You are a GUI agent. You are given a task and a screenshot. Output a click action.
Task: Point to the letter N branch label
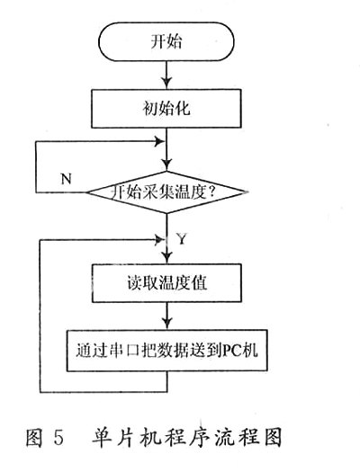click(67, 179)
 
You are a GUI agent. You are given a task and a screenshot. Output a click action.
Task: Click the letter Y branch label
click(182, 239)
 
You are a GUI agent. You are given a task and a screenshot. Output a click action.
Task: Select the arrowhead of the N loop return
click(159, 141)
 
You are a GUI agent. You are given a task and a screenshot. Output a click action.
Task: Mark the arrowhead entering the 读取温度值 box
click(166, 258)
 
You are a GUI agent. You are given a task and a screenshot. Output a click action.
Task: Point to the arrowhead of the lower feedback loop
click(159, 240)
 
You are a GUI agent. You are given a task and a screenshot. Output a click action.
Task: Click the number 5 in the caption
click(59, 437)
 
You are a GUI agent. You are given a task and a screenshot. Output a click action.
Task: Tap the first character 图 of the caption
click(33, 437)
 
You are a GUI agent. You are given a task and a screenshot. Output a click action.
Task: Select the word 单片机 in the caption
click(123, 437)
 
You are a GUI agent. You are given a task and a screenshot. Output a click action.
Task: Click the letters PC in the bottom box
click(232, 351)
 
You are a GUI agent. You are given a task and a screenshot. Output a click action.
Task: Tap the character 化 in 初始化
click(183, 109)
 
